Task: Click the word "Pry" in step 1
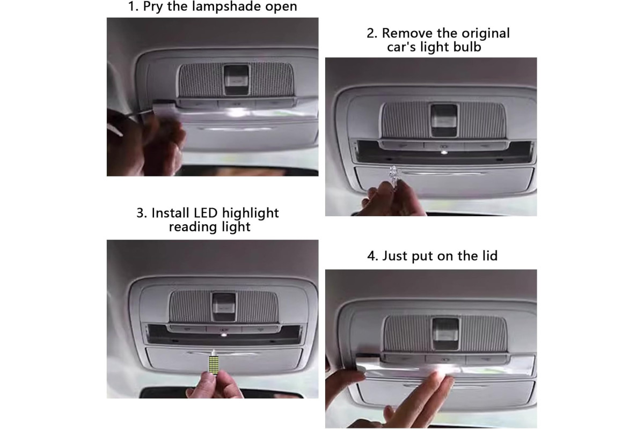click(x=153, y=7)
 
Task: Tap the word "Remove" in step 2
click(x=404, y=33)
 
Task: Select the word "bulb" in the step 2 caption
click(x=467, y=47)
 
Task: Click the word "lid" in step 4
click(x=490, y=256)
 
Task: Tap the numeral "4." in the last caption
click(x=373, y=256)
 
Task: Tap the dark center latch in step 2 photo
click(x=444, y=121)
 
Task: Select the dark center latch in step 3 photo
click(x=224, y=307)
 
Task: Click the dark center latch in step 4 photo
click(x=445, y=334)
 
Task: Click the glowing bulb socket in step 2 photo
click(x=444, y=152)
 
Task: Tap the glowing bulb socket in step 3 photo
click(x=224, y=335)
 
